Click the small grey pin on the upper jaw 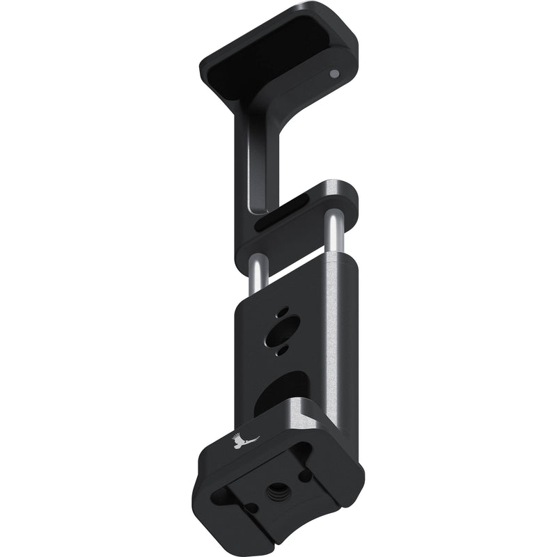pos(334,73)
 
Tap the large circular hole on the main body pos(286,327)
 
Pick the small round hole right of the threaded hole pos(307,477)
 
